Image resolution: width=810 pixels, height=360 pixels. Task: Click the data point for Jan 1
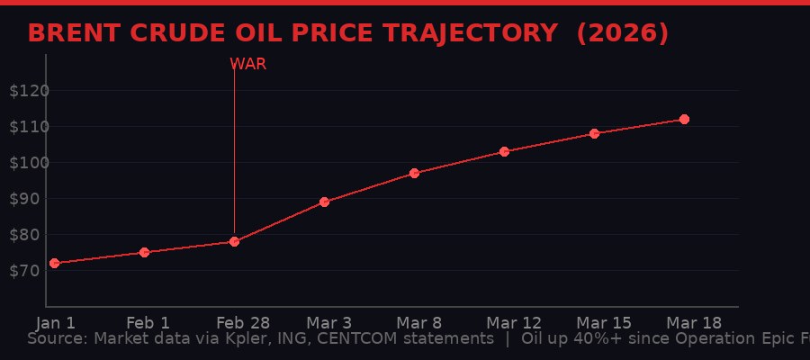pyautogui.click(x=54, y=263)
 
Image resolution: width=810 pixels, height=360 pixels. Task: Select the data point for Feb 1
pyautogui.click(x=144, y=252)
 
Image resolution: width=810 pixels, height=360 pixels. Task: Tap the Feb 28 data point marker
pyautogui.click(x=234, y=241)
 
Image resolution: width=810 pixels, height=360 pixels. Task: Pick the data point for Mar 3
pyautogui.click(x=324, y=202)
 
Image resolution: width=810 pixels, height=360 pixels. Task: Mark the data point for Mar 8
pyautogui.click(x=414, y=173)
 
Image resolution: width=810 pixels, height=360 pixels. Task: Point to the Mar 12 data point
pyautogui.click(x=504, y=151)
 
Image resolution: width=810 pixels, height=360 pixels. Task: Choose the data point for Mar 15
pyautogui.click(x=594, y=133)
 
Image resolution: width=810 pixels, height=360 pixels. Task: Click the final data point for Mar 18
pyautogui.click(x=684, y=119)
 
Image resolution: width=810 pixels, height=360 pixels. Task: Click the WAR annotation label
pyautogui.click(x=247, y=65)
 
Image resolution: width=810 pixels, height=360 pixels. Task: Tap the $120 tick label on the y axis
pyautogui.click(x=29, y=91)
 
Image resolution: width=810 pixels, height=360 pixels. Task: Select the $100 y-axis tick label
pyautogui.click(x=29, y=163)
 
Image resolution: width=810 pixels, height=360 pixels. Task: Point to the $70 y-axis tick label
pyautogui.click(x=24, y=271)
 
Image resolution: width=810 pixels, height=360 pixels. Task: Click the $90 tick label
pyautogui.click(x=24, y=199)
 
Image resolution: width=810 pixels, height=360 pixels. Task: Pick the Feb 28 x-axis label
pyautogui.click(x=237, y=322)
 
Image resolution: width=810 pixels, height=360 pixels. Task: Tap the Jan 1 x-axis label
pyautogui.click(x=56, y=322)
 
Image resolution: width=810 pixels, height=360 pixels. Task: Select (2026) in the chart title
pyautogui.click(x=622, y=33)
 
